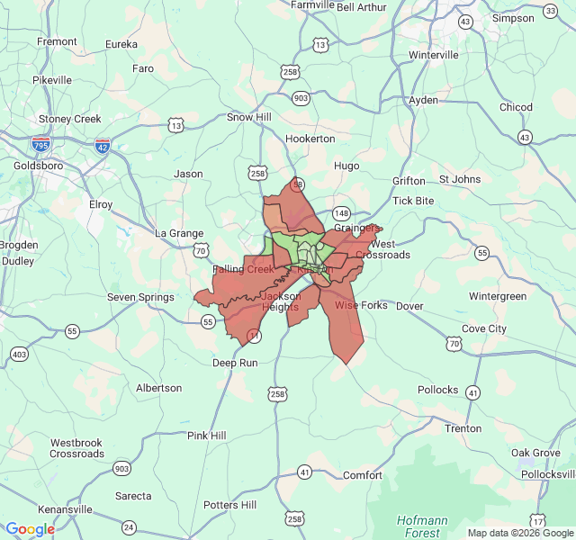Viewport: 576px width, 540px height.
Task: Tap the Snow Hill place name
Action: coord(248,117)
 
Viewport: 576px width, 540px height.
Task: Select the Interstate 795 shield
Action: coord(40,143)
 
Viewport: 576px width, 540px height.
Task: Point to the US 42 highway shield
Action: coord(103,143)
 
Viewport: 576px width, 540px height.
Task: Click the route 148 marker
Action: coord(341,213)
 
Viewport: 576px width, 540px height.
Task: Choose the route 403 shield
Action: coord(19,355)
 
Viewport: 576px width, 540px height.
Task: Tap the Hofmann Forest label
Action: coord(422,526)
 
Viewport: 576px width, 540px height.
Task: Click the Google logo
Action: coord(30,529)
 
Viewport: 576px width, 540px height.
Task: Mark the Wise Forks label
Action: coord(361,306)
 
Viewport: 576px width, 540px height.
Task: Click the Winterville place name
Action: coord(433,55)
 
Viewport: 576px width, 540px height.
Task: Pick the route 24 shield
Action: coord(129,526)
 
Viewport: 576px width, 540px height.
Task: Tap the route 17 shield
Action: coord(537,521)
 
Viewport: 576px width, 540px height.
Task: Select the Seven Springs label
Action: coord(140,297)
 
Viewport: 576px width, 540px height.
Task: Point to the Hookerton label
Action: coord(310,139)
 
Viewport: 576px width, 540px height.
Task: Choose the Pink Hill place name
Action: coord(206,436)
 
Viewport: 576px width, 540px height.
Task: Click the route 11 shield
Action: coord(255,336)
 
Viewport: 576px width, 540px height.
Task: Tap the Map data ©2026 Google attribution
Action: coord(520,533)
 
